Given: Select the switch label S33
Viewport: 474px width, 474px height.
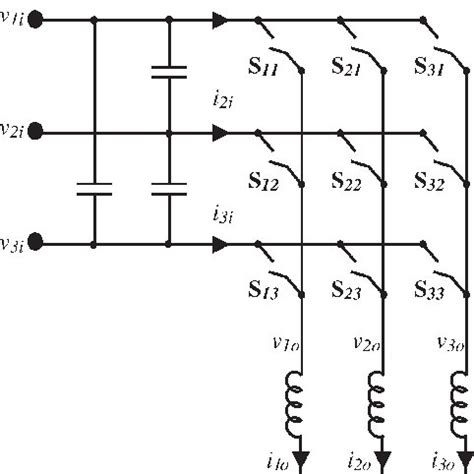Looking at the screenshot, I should pyautogui.click(x=430, y=291).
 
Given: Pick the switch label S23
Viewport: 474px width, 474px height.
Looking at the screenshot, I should pyautogui.click(x=347, y=291).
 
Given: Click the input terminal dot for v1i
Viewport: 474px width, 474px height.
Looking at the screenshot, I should pyautogui.click(x=34, y=19).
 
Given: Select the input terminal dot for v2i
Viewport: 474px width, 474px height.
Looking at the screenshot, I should pyautogui.click(x=34, y=131).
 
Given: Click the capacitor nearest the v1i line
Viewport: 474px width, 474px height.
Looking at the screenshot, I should pyautogui.click(x=169, y=71).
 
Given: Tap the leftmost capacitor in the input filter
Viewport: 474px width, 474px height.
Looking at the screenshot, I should pyautogui.click(x=94, y=187).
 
